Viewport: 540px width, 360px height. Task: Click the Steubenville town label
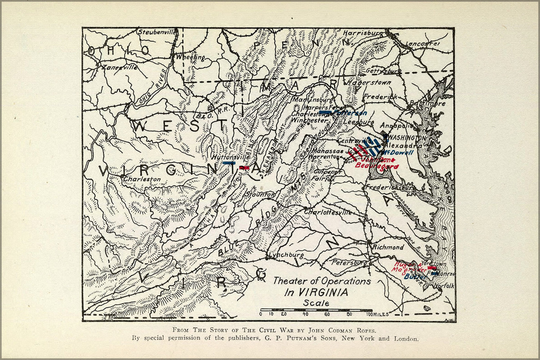tap(157, 32)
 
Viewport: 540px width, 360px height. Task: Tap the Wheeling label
tap(190, 57)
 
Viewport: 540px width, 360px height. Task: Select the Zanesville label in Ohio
tap(119, 67)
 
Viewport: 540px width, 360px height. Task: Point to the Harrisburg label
tap(363, 33)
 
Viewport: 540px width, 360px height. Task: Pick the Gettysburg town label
tap(383, 71)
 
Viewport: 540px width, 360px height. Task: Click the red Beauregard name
tap(376, 166)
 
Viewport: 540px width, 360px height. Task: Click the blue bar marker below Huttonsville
tap(229, 163)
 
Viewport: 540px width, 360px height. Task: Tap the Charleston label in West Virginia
tap(142, 179)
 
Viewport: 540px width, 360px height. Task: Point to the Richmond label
tap(388, 247)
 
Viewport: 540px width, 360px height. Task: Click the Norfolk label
tap(444, 286)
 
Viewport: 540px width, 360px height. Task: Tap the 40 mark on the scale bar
tap(305, 314)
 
